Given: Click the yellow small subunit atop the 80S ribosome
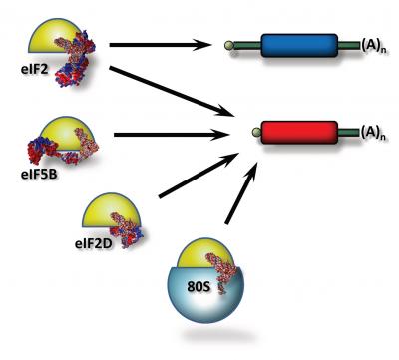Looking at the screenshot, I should pyautogui.click(x=190, y=249).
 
